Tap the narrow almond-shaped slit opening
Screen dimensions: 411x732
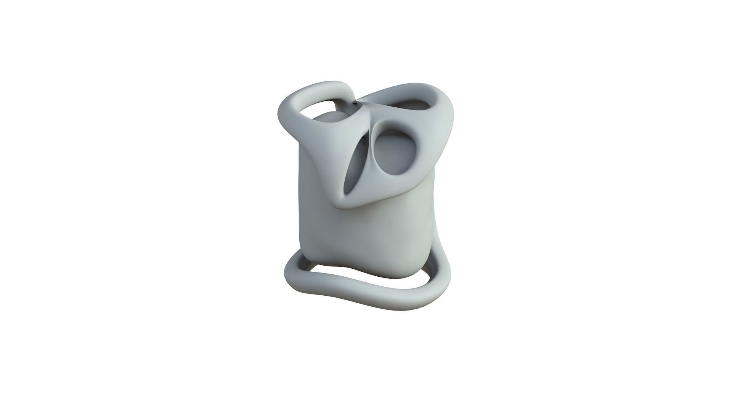[x=353, y=167]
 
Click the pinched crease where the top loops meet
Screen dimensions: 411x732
[x=358, y=102]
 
